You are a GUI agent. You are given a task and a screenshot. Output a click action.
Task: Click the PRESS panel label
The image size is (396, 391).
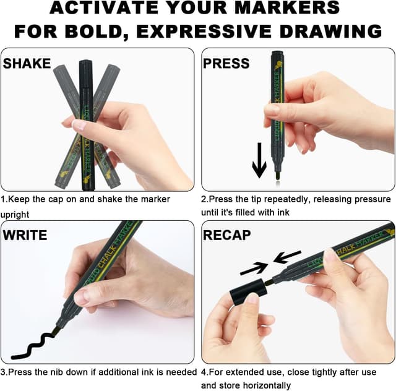tap(226, 63)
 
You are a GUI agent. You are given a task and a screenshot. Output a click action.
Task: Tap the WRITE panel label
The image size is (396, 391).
tap(25, 235)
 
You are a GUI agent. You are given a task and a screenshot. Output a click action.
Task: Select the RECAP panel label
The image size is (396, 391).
tap(226, 235)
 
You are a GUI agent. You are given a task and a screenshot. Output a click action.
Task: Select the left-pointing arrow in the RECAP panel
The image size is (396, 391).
tap(287, 256)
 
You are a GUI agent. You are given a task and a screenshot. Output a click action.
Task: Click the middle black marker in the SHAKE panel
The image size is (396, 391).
tap(86, 124)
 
